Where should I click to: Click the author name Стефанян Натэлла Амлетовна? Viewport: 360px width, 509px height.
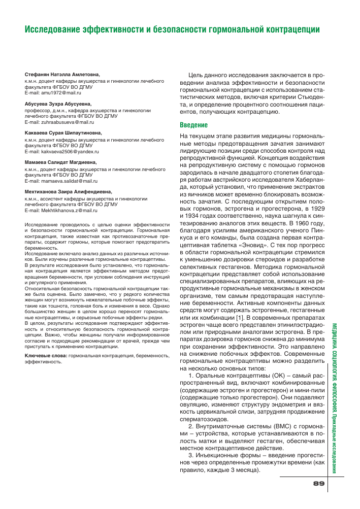click(62, 74)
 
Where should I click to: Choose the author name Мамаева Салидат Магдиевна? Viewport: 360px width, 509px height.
click(60, 162)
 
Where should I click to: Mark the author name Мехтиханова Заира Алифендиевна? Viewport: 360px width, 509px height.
click(66, 191)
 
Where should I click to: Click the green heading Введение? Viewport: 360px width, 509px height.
click(194, 125)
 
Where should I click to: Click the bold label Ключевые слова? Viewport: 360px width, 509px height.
click(46, 356)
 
